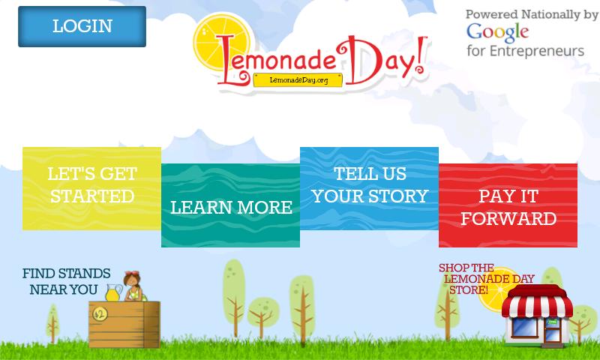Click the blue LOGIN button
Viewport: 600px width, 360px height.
click(x=82, y=26)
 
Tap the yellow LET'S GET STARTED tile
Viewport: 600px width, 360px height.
click(x=91, y=188)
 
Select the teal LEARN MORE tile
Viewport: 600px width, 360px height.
click(x=230, y=205)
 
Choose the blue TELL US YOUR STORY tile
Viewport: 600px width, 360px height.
click(x=369, y=188)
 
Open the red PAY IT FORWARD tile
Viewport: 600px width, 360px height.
click(x=508, y=205)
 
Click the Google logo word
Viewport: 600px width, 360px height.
click(x=497, y=33)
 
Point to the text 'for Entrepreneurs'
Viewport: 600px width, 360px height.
click(x=526, y=51)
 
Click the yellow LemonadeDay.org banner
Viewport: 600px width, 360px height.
click(x=298, y=80)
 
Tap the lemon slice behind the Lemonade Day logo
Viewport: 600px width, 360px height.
click(x=221, y=41)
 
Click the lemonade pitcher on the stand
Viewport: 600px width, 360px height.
click(x=114, y=292)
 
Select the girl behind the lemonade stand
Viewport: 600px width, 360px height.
click(x=134, y=286)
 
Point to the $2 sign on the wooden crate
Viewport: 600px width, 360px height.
click(x=100, y=314)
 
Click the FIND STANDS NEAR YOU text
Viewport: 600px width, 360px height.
click(x=66, y=281)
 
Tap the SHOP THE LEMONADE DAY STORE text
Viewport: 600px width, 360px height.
click(x=486, y=279)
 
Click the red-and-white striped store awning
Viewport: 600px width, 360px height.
click(x=537, y=301)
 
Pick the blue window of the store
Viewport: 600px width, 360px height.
click(x=525, y=327)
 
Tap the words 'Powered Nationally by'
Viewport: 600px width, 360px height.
click(x=532, y=14)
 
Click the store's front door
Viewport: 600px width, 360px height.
click(x=551, y=330)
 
